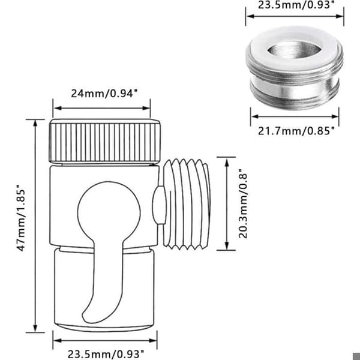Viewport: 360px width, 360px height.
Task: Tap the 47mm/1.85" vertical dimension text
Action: coord(21,220)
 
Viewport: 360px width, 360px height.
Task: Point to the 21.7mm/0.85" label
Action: coord(296,131)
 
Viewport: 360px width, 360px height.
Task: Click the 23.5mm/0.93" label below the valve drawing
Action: coord(106,354)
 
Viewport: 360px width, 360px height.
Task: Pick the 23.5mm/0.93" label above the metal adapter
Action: coord(296,5)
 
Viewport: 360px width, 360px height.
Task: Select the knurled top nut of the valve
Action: coord(104,141)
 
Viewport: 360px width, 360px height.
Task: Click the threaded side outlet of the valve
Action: coord(187,205)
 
